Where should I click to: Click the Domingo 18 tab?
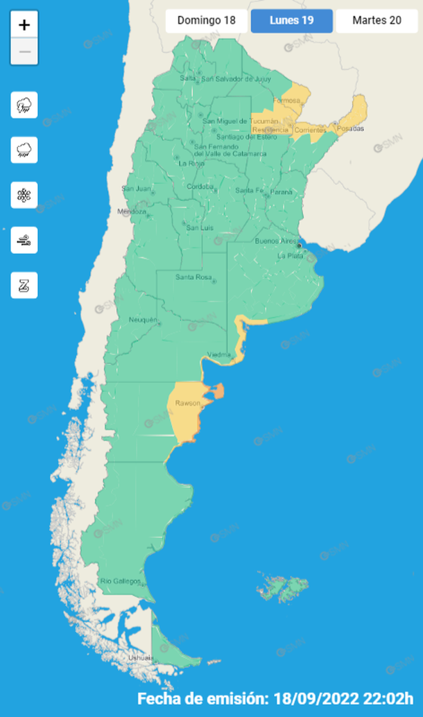tap(206, 20)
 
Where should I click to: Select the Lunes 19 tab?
tap(291, 20)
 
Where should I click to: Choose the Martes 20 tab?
tap(377, 20)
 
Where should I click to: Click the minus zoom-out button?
tap(24, 52)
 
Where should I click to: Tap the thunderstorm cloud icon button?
tap(24, 105)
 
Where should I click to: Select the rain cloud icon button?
tap(24, 150)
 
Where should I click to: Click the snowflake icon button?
tap(24, 196)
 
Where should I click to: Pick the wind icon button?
tap(24, 241)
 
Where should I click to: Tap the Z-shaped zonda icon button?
tap(24, 285)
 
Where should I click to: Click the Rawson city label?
tap(188, 404)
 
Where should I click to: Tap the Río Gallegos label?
tap(121, 580)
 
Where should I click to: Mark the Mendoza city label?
tap(132, 211)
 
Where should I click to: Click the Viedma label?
tap(218, 355)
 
